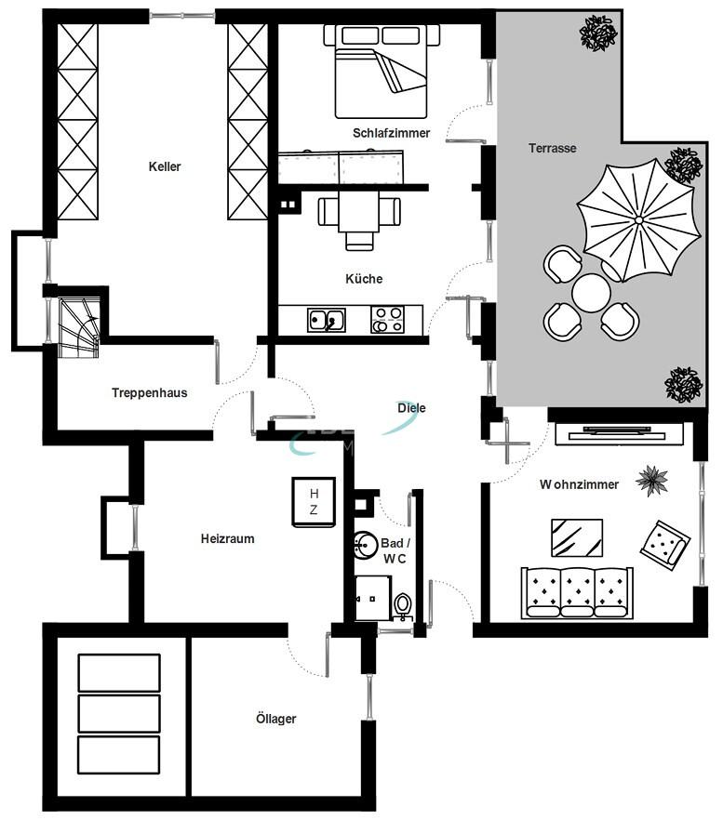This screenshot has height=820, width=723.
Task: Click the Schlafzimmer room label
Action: click(x=391, y=133)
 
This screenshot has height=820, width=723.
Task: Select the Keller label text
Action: click(x=165, y=167)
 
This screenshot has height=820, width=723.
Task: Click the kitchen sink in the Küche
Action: click(x=326, y=320)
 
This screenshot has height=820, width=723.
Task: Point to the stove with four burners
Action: click(x=388, y=319)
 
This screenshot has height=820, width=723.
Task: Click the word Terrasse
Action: click(x=553, y=148)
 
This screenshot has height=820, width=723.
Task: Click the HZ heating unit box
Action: click(x=314, y=502)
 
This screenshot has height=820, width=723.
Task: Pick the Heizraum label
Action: click(x=227, y=538)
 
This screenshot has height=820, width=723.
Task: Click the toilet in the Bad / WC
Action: click(x=403, y=606)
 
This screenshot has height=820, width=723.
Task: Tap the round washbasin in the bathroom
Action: click(x=365, y=546)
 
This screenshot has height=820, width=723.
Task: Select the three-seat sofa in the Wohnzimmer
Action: click(x=577, y=592)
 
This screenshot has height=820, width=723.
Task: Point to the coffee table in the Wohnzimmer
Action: click(x=576, y=537)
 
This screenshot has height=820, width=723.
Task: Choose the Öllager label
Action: click(x=276, y=719)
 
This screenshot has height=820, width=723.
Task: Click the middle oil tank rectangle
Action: click(x=118, y=713)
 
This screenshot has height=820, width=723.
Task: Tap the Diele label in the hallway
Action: click(x=410, y=407)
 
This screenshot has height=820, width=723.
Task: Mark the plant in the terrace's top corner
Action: click(x=598, y=33)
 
